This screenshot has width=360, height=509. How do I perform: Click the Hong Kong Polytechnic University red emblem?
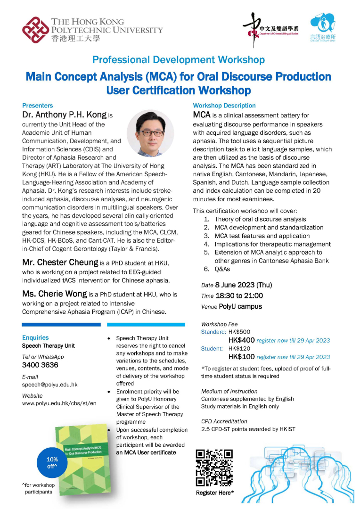(x=36, y=30)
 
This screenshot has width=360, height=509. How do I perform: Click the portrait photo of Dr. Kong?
(x=150, y=133)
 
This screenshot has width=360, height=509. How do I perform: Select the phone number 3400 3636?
(x=40, y=365)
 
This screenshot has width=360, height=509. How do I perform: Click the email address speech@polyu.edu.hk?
(x=50, y=385)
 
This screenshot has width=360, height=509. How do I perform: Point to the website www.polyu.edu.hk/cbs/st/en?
(x=59, y=403)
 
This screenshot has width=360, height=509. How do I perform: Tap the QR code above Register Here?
(x=214, y=468)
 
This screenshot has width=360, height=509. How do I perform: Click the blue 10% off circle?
(x=52, y=462)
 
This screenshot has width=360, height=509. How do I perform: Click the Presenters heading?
(x=37, y=106)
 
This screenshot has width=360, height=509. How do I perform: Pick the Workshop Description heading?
(x=224, y=106)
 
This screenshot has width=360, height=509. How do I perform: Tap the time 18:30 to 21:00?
(x=239, y=296)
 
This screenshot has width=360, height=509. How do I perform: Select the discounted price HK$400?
(x=241, y=340)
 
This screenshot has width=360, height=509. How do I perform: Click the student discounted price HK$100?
(x=241, y=357)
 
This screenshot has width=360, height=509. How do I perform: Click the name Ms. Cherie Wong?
(x=55, y=294)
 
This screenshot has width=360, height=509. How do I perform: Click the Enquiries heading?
(x=35, y=337)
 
